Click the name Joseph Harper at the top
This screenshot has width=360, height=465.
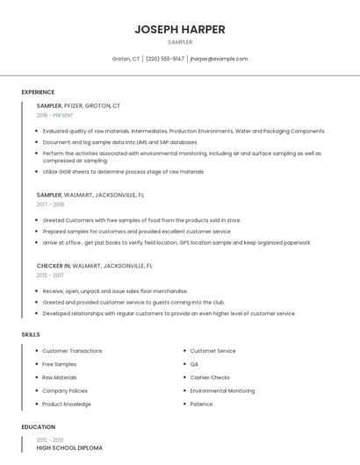coord(179,29)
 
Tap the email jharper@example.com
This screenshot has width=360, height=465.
coord(219,59)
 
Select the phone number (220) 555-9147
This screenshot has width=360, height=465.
coord(165,59)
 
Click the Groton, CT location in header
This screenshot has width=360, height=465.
coord(126,59)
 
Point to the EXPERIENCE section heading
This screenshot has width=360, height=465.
coord(38,92)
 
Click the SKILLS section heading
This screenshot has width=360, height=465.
coord(31,334)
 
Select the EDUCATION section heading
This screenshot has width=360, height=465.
coord(39,427)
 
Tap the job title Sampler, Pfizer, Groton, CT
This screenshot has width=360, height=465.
coord(78,105)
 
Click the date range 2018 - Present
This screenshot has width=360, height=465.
coord(54,115)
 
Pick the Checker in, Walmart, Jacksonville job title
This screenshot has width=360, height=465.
coord(94,265)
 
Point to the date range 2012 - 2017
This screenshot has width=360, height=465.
coord(50,275)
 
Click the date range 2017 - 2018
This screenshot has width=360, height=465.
coord(50,204)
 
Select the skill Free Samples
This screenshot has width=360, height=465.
coord(59,364)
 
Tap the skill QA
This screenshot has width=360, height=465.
coord(194,364)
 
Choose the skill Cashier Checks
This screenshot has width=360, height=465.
coord(210,377)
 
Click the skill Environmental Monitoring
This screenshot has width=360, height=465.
coord(222,390)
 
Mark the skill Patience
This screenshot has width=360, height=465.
coord(201,404)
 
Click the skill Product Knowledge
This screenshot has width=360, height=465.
coord(67,404)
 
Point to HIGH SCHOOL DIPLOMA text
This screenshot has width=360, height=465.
coord(69,447)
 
